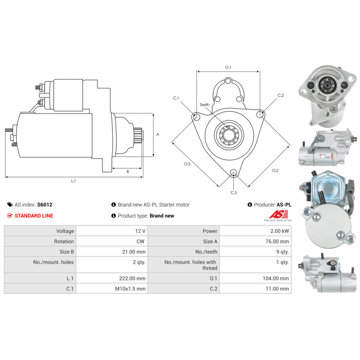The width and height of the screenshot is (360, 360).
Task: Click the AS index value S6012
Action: tap(45, 204)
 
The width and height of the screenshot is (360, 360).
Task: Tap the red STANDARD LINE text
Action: tap(34, 216)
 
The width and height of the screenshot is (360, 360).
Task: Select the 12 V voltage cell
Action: tap(140, 231)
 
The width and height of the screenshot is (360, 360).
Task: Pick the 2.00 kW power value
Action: tap(280, 231)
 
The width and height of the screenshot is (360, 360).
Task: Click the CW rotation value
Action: tap(140, 241)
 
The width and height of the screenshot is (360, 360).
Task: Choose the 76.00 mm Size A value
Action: tap(277, 241)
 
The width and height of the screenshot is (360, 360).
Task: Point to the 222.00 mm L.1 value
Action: tap(132, 278)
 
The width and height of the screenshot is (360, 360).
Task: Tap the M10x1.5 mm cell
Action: tap(130, 289)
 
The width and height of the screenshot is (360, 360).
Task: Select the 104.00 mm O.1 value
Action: tap(276, 278)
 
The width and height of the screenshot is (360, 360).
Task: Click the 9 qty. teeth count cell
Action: tap(282, 252)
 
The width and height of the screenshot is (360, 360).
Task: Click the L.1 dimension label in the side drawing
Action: tap(73, 181)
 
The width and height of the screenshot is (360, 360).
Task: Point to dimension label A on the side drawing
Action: tap(158, 134)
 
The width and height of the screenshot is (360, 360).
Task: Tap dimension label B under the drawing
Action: tap(128, 171)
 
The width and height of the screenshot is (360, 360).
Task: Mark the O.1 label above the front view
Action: tap(228, 67)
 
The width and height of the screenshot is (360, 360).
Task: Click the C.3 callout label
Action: tap(234, 193)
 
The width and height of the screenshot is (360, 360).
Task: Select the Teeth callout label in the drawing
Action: tap(204, 105)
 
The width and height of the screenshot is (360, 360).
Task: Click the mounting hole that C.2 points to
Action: tap(260, 114)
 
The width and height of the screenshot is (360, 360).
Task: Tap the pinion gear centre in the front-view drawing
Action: tap(229, 135)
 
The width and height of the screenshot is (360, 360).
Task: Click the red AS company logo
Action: tap(278, 215)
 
